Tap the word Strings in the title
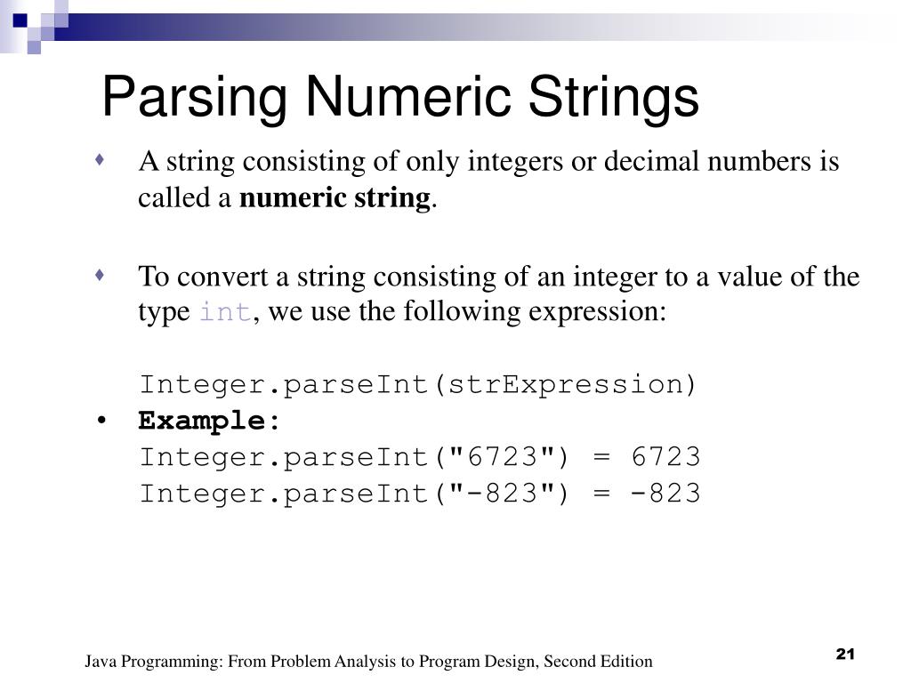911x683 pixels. pos(613,97)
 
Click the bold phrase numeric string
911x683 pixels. pos(335,197)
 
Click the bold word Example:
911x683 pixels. pos(210,421)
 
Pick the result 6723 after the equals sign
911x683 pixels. pos(666,457)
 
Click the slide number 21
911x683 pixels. pos(844,655)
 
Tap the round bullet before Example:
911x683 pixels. pos(104,422)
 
